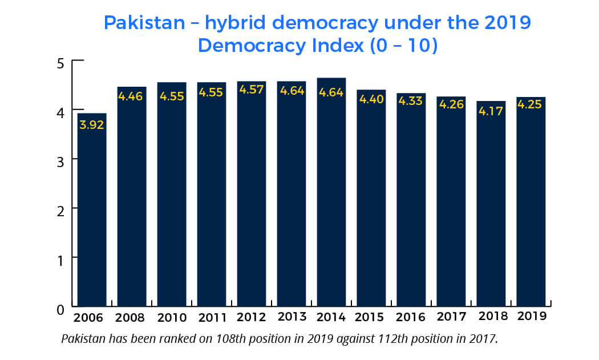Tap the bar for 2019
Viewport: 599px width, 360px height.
(531, 202)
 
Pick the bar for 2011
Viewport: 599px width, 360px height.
(212, 195)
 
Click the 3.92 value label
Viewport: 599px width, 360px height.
(92, 125)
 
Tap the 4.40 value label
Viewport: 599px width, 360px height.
(371, 99)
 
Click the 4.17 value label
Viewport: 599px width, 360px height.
(491, 111)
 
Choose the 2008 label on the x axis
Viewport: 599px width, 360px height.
(130, 318)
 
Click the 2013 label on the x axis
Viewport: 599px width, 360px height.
(292, 317)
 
